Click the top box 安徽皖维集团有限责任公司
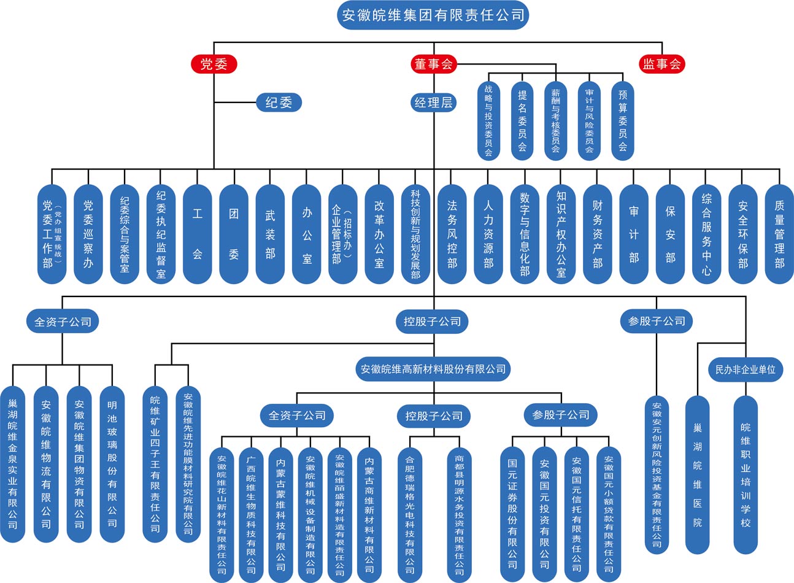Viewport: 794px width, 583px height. click(x=433, y=15)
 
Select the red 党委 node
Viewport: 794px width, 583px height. click(x=214, y=64)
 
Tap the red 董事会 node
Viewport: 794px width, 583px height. click(x=434, y=64)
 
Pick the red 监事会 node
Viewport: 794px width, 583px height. click(x=662, y=64)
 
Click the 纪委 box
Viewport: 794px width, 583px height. click(x=279, y=102)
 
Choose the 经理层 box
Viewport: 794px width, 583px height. click(x=434, y=102)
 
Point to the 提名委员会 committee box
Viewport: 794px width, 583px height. click(x=522, y=121)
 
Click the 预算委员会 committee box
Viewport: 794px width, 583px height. click(x=623, y=121)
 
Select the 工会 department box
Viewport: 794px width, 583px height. click(x=198, y=234)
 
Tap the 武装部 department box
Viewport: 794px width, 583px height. click(x=270, y=234)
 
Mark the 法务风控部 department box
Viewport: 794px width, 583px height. click(x=452, y=234)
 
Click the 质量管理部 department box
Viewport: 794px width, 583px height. click(x=779, y=234)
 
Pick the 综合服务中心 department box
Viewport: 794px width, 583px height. click(x=706, y=234)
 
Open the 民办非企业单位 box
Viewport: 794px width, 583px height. click(x=746, y=369)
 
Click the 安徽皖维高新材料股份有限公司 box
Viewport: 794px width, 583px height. click(x=433, y=369)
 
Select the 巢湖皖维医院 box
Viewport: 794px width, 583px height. click(x=698, y=475)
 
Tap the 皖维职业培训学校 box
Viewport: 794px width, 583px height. click(x=746, y=475)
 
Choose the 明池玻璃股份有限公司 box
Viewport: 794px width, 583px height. click(x=112, y=465)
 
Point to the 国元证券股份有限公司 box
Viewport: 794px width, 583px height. click(x=512, y=515)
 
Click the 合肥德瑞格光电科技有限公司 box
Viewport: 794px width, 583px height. click(x=410, y=515)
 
